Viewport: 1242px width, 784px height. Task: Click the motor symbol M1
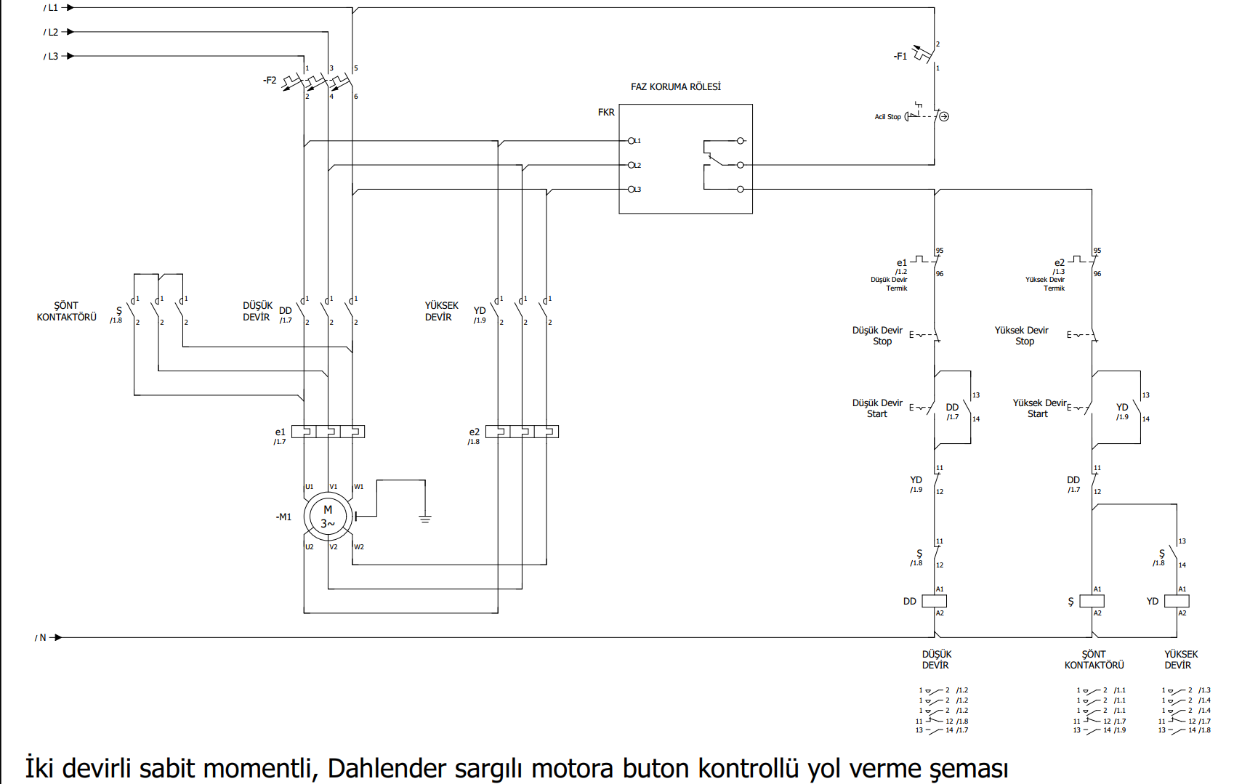point(328,517)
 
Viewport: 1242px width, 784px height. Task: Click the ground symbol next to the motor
point(425,519)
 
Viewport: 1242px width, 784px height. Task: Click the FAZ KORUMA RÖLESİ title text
point(675,87)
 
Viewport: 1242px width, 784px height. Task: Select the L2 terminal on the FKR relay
point(632,166)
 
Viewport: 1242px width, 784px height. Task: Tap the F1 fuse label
point(900,56)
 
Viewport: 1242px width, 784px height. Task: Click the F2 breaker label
point(270,81)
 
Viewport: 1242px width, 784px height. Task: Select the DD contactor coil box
point(934,602)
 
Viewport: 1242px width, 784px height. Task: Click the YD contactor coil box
point(1177,602)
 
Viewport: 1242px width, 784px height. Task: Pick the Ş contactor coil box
point(1092,602)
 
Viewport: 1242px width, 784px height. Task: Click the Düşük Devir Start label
point(877,408)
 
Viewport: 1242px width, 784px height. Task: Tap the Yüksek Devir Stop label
point(1021,336)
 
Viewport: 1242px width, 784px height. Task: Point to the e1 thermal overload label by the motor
point(280,432)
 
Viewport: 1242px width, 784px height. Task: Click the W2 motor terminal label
point(359,547)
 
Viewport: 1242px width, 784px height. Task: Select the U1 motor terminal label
point(309,487)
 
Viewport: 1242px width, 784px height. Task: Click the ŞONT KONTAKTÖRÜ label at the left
point(66,312)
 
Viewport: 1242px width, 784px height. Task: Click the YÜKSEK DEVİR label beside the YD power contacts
point(441,312)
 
